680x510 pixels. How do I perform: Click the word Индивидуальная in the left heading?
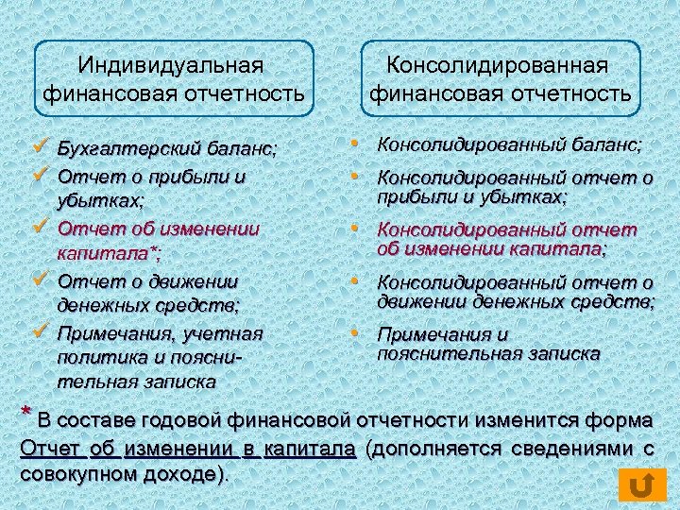point(170,66)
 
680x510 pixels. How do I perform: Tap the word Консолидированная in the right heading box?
point(500,66)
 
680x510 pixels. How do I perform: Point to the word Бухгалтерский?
point(118,149)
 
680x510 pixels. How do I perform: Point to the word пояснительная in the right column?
point(436,353)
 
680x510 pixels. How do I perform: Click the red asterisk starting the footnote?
point(26,415)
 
